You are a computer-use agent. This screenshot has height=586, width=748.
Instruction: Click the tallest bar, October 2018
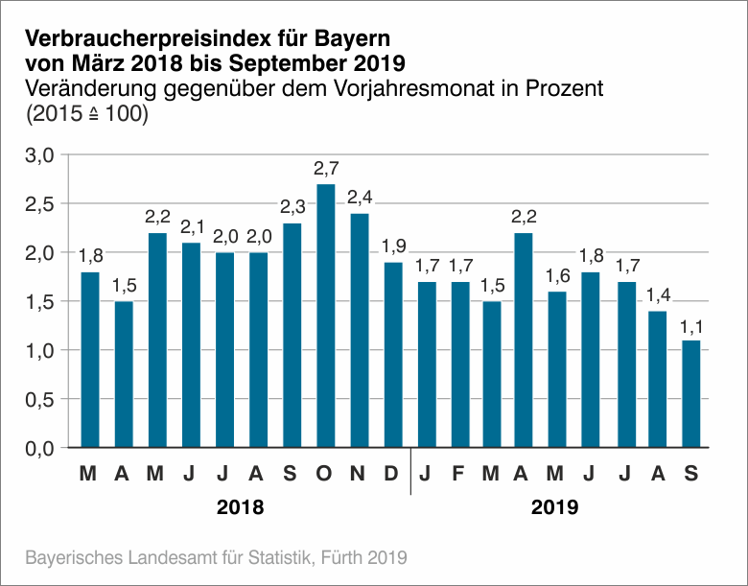coord(325,316)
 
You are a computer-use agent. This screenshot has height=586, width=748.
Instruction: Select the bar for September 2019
coord(691,393)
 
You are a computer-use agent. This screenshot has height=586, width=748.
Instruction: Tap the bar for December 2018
coord(392,354)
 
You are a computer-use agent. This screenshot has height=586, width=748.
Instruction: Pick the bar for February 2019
coord(459,363)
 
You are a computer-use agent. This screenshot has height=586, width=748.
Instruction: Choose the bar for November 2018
coord(359,330)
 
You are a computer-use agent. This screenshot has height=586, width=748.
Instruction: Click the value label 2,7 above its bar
coord(326,169)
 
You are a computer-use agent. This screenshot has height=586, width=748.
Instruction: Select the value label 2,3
coord(292,207)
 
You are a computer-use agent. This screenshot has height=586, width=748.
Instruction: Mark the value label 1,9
coord(393,246)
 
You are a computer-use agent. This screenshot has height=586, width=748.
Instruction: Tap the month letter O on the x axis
coord(325,473)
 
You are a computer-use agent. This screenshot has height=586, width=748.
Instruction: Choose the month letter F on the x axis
coord(459,473)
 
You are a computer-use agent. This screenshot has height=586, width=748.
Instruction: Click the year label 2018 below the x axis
coord(240,506)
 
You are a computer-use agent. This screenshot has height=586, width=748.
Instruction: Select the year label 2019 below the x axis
coord(554,506)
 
